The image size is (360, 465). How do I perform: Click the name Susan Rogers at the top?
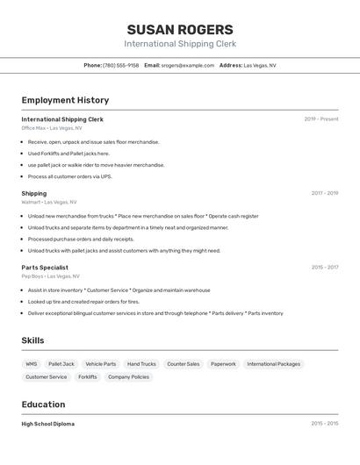pos(180,29)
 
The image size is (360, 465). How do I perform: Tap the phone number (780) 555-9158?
pos(120,65)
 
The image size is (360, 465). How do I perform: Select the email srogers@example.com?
pos(187,65)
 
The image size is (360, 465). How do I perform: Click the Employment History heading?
pos(65,100)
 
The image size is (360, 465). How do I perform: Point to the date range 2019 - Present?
pos(320,119)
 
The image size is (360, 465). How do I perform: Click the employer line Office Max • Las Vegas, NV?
pos(48,128)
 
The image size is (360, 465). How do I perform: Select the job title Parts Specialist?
pos(45,268)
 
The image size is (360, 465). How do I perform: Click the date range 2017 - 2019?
pos(324,193)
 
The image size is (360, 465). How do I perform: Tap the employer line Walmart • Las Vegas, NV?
pos(49,202)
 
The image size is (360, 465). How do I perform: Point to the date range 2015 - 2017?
pos(324,268)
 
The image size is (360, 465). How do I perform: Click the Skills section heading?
pos(32,340)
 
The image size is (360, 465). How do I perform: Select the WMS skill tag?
pos(32,363)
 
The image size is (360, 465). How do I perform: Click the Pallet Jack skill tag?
pos(61,363)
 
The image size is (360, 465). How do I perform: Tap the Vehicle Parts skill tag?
pos(100,363)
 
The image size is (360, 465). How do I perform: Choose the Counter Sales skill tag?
pos(183,363)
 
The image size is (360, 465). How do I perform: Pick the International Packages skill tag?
pos(273,363)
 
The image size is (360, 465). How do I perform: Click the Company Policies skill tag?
pos(128,376)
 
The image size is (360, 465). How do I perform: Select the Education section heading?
pos(43,404)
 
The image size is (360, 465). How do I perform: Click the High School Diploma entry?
pos(48,424)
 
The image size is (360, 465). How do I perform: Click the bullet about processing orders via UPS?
pos(70,176)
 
